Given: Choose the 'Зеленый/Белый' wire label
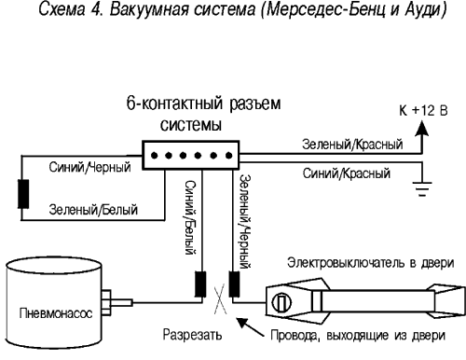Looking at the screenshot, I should [89, 213].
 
